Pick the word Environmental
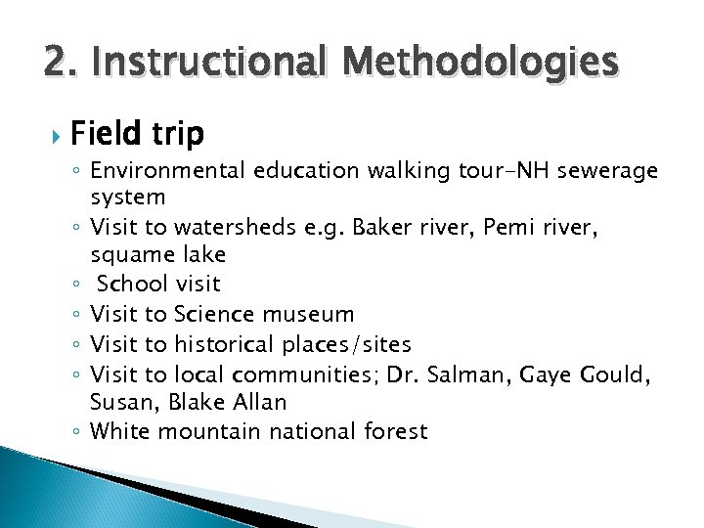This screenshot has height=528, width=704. coord(167,171)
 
